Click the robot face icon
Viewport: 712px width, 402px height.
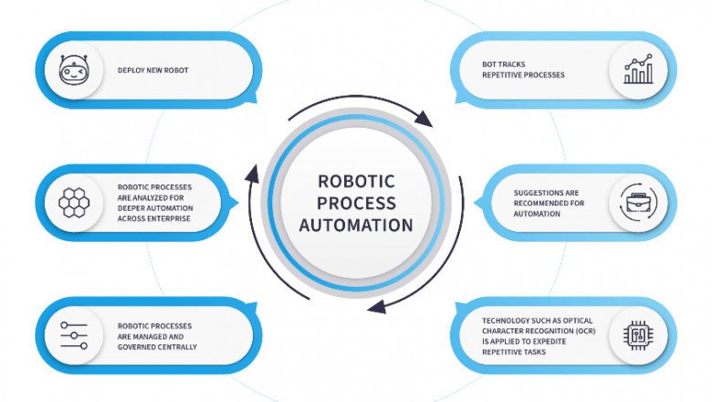coord(73,70)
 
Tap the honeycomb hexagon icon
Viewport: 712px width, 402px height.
coord(73,202)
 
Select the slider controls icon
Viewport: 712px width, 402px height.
coord(73,335)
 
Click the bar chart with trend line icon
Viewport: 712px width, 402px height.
coord(638,70)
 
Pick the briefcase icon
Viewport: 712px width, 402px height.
coord(638,202)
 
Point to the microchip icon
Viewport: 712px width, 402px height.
coord(638,335)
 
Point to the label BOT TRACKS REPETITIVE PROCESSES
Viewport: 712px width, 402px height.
coord(523,70)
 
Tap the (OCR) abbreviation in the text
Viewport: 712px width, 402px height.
coord(581,331)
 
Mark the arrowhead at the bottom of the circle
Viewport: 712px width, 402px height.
coord(375,307)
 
